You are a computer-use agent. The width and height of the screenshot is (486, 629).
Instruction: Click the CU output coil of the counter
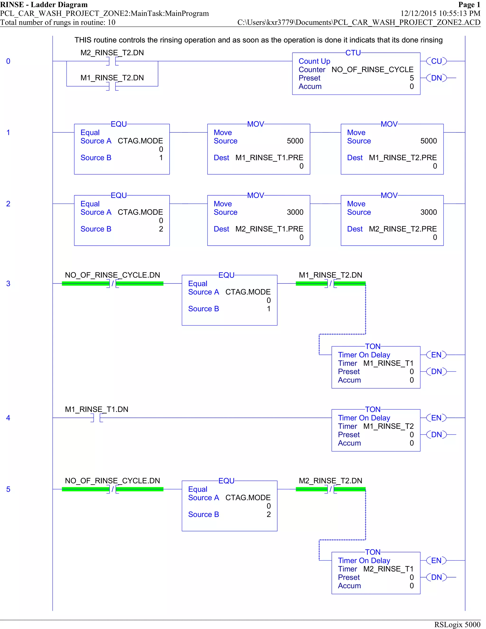(436, 61)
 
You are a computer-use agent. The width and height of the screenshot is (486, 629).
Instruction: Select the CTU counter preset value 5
(411, 78)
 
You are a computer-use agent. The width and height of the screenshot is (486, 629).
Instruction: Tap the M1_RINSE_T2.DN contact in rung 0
(112, 86)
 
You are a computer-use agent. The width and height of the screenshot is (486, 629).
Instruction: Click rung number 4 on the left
(8, 418)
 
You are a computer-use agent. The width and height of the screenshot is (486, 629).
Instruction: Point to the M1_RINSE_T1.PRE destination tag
(269, 158)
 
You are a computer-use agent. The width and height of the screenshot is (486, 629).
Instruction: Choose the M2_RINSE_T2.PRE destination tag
(402, 229)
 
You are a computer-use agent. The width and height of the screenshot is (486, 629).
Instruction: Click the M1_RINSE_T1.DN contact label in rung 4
(96, 409)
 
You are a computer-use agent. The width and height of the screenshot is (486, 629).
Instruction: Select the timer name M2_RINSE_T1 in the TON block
(388, 569)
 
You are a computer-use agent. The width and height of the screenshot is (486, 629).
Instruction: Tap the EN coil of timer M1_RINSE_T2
(436, 418)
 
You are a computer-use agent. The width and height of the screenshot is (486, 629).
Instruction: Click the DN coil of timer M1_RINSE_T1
(436, 371)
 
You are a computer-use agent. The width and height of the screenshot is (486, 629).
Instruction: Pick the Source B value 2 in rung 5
(268, 514)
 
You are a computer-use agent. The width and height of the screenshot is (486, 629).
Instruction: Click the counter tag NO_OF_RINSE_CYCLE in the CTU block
(372, 70)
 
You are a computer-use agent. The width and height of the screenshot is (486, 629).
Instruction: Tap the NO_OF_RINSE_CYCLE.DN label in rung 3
(112, 275)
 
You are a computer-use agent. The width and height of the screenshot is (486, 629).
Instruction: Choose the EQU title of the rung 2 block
(119, 196)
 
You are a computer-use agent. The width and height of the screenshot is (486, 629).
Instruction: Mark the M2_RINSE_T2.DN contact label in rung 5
(330, 481)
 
